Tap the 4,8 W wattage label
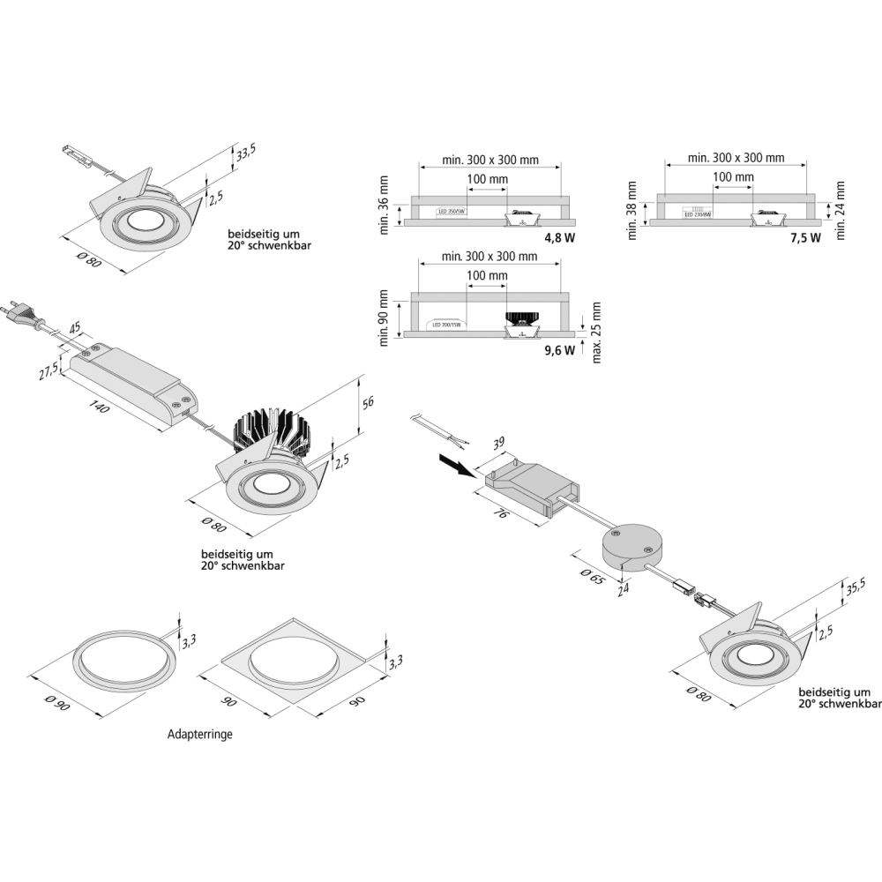coord(559,238)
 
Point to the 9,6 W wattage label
coord(559,349)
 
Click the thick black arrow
coord(455,464)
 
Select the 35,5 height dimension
coord(855,589)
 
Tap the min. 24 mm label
coord(841,210)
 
